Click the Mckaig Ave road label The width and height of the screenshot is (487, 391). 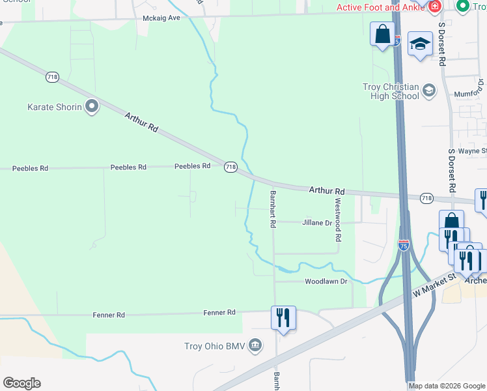(161, 18)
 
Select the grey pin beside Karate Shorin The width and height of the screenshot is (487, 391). (92, 106)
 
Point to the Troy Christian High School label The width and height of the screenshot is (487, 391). (391, 91)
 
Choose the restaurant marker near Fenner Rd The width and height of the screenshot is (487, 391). (283, 317)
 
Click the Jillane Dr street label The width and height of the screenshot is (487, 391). (317, 223)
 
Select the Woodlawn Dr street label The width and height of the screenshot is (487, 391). (326, 282)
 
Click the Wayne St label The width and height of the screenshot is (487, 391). (472, 151)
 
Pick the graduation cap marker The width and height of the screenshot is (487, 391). (420, 44)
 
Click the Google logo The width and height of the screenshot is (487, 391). (21, 383)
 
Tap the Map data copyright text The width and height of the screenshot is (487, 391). (447, 386)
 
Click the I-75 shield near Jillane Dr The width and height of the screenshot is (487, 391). (404, 245)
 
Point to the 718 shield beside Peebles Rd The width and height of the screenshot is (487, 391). (230, 167)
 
